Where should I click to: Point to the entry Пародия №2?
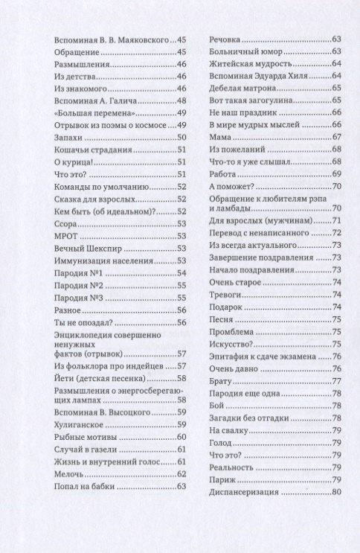(x=78, y=285)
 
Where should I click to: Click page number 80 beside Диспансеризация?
(x=336, y=492)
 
